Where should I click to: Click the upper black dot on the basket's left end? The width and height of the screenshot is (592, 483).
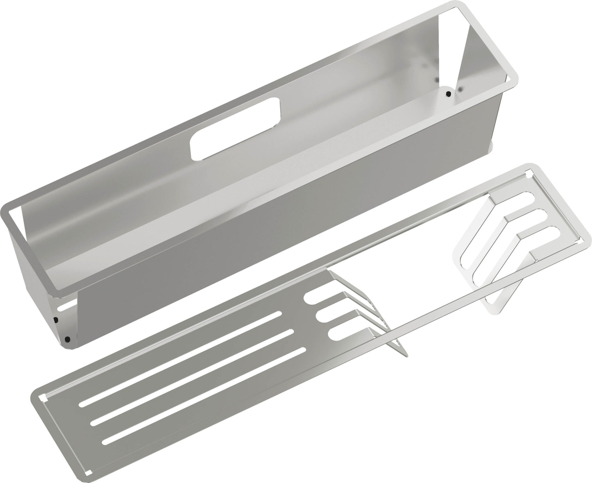click(56, 320)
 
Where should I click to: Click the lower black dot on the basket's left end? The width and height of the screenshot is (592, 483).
click(67, 339)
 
